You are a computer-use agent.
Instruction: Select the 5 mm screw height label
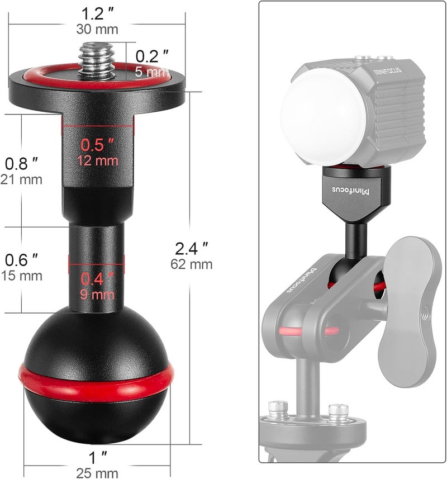pos(151,72)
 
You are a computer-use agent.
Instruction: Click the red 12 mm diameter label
pos(99,160)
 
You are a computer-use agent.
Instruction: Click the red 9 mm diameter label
pos(97,293)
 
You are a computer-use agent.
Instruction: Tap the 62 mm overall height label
pos(192,264)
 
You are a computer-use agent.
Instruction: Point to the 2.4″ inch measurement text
pos(192,246)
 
